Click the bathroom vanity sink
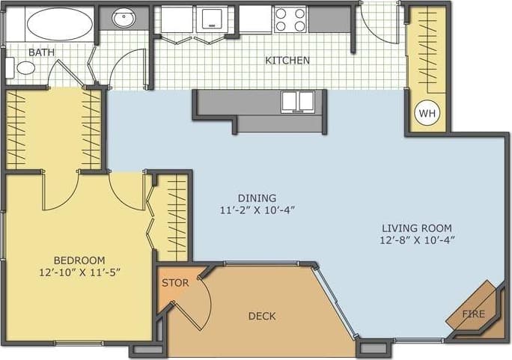[x=120, y=19]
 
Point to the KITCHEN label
[x=287, y=61]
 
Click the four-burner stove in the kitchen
[x=290, y=19]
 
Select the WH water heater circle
[x=427, y=113]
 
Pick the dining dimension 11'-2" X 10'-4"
[x=257, y=210]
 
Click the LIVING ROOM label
[x=417, y=228]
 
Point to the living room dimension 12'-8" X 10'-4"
[x=417, y=240]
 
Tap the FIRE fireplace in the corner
[x=473, y=312]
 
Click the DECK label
[x=262, y=316]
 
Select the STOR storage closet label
[x=175, y=283]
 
